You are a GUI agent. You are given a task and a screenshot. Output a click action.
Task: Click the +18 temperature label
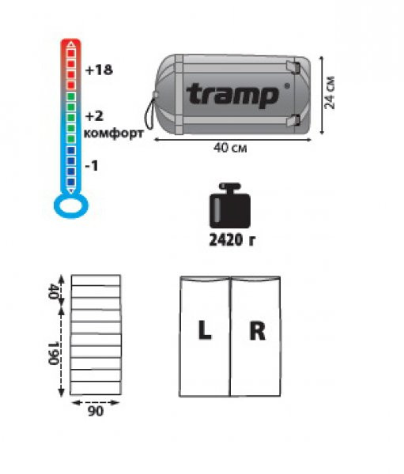click(99, 70)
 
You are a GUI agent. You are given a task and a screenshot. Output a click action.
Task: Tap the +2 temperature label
click(94, 116)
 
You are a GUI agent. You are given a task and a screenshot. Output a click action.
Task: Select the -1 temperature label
click(92, 166)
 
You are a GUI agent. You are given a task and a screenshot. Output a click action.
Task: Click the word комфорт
click(114, 134)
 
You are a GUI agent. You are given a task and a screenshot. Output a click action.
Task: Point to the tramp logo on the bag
click(232, 96)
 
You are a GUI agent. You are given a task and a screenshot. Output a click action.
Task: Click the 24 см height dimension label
click(330, 92)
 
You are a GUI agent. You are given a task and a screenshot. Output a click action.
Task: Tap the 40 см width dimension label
click(230, 148)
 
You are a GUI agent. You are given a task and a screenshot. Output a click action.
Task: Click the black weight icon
click(230, 205)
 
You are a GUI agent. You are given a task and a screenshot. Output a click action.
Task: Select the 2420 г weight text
click(232, 240)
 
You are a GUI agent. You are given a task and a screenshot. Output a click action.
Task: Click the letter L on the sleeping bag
click(205, 329)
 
